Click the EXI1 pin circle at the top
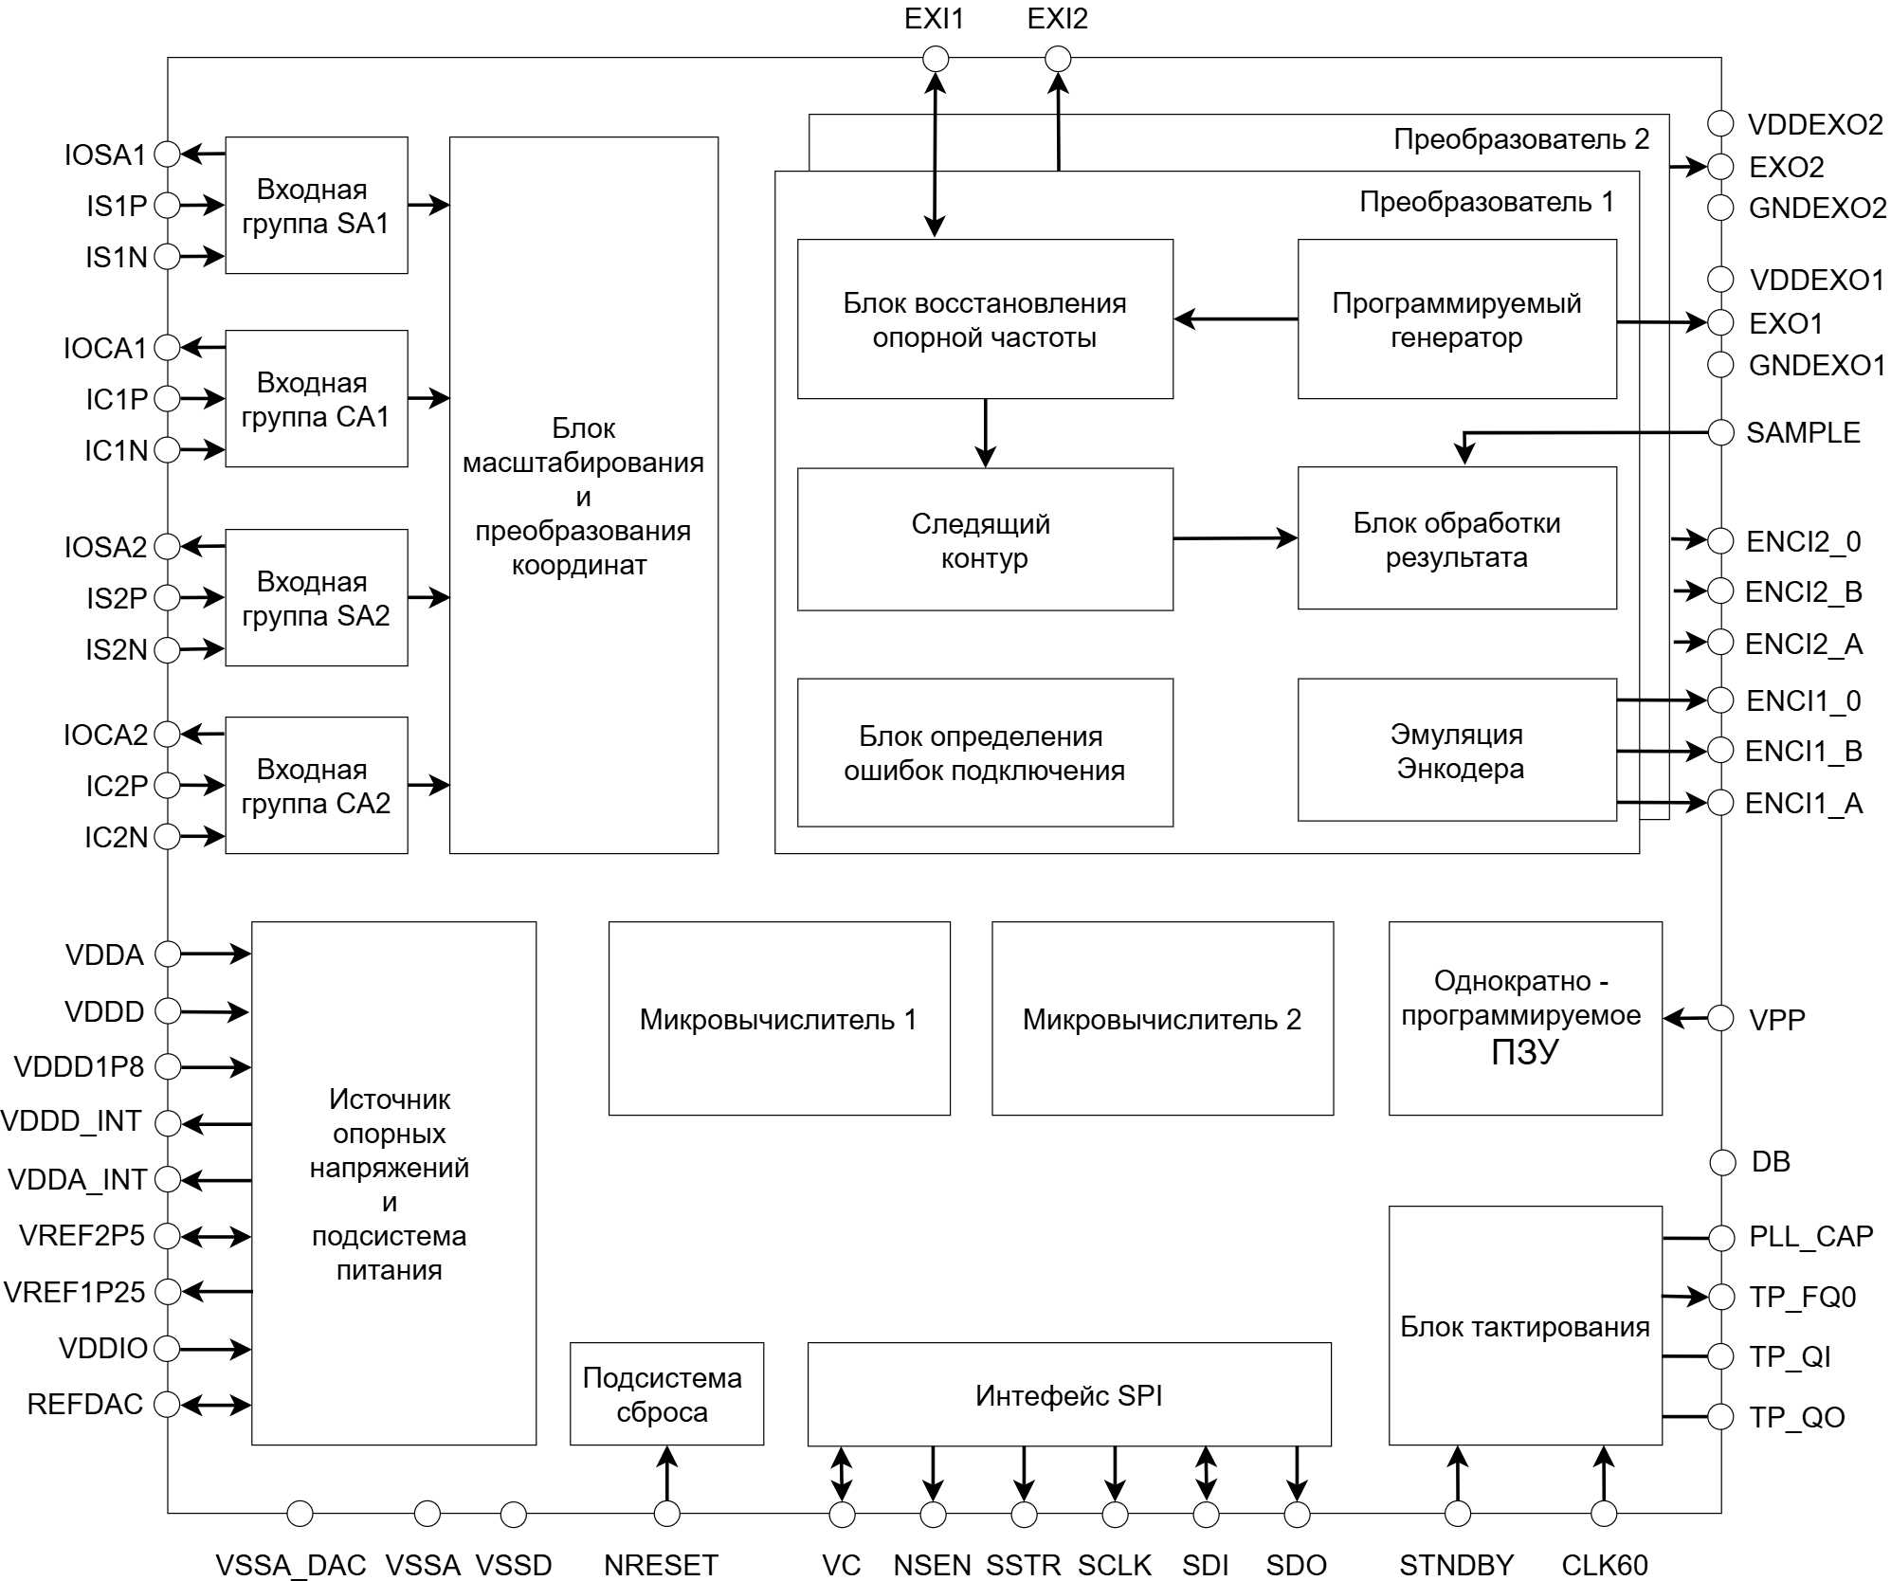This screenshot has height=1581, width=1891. pyautogui.click(x=936, y=60)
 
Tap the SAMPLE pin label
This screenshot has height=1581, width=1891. pyautogui.click(x=1803, y=433)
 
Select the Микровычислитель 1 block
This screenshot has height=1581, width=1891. pyautogui.click(x=779, y=1019)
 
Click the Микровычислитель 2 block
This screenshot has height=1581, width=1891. pyautogui.click(x=1163, y=1019)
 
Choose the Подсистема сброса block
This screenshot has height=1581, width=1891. pyautogui.click(x=667, y=1394)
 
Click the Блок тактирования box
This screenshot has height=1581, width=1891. pyautogui.click(x=1526, y=1326)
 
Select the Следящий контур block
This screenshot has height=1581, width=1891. pyautogui.click(x=986, y=539)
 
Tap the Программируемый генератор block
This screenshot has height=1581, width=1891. pyautogui.click(x=1458, y=319)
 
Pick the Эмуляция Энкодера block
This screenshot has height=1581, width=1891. pyautogui.click(x=1458, y=750)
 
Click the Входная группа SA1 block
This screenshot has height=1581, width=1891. pyautogui.click(x=317, y=206)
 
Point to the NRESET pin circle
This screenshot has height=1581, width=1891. pyautogui.click(x=667, y=1514)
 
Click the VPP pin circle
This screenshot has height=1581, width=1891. pyautogui.click(x=1721, y=1019)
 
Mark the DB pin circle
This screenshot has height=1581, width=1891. pyautogui.click(x=1721, y=1162)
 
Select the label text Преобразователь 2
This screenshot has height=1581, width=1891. pyautogui.click(x=1521, y=140)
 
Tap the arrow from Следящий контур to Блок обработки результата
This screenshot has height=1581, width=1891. pyautogui.click(x=1236, y=538)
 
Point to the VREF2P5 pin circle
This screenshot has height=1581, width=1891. pyautogui.click(x=168, y=1236)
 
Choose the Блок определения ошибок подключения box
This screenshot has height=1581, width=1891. pyautogui.click(x=986, y=753)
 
